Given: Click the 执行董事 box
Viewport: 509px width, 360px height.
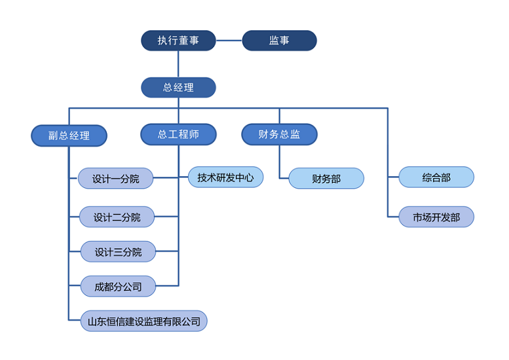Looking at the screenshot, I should coord(178,41).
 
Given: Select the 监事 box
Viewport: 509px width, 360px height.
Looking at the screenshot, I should coord(279,41).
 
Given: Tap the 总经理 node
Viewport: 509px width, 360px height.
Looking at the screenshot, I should coord(178,87).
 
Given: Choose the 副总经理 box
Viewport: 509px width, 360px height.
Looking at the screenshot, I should coord(69,135).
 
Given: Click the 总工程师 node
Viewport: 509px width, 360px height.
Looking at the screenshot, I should coord(178,134).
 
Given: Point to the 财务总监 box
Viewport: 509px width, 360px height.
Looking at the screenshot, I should coord(279,134).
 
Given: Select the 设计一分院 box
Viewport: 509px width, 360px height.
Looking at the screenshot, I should coord(116,179).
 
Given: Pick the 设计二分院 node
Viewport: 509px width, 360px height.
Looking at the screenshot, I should coord(117,217).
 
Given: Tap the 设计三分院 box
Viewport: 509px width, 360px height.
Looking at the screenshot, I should coord(118,251).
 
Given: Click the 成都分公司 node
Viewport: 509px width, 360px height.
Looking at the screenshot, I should coord(118,286).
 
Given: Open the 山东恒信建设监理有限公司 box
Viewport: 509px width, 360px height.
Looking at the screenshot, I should coord(144,321).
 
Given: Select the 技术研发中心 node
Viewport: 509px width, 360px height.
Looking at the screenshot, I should coord(225,177).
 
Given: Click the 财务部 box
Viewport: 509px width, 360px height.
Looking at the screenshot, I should coord(326,178).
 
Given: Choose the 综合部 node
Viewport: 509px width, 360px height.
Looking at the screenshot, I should coord(436,177).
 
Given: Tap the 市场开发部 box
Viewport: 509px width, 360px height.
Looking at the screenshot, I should coord(436,217).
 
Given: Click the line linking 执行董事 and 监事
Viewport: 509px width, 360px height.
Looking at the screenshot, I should coord(229,41).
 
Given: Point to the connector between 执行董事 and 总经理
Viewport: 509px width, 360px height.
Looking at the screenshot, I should coord(178,63).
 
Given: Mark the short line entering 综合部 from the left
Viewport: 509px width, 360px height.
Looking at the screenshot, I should coord(393,177).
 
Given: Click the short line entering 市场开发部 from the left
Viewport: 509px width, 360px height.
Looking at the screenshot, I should coord(393,217).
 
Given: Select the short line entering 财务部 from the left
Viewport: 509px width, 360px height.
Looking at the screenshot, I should coord(284,178).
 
